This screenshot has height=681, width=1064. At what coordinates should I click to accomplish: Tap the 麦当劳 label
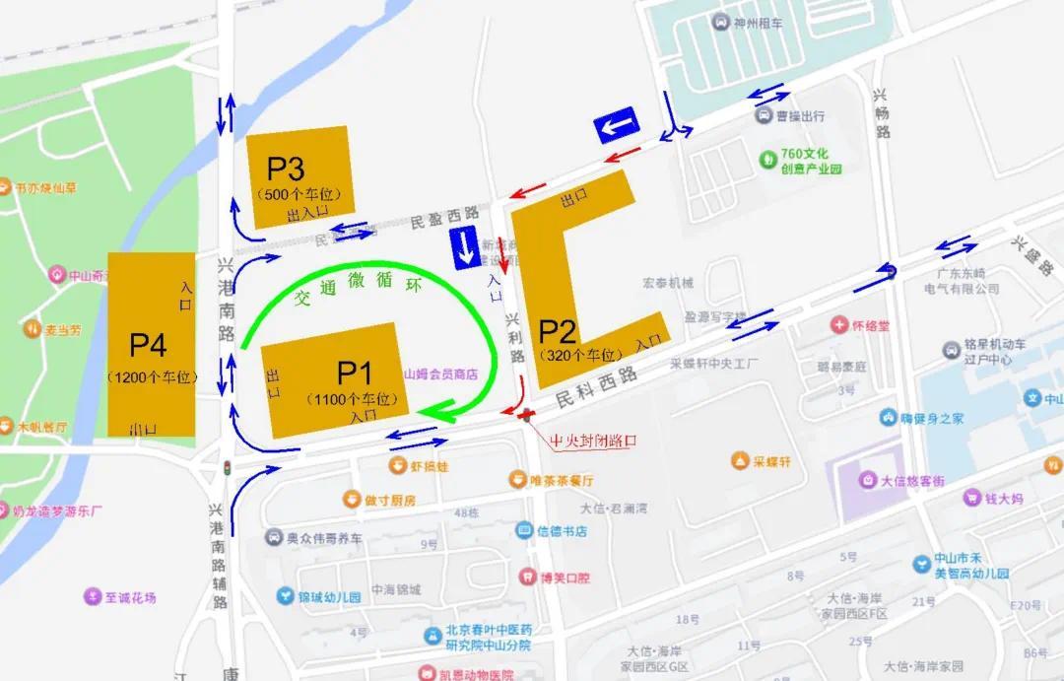coord(63,330)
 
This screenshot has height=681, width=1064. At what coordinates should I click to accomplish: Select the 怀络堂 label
coord(871,324)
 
